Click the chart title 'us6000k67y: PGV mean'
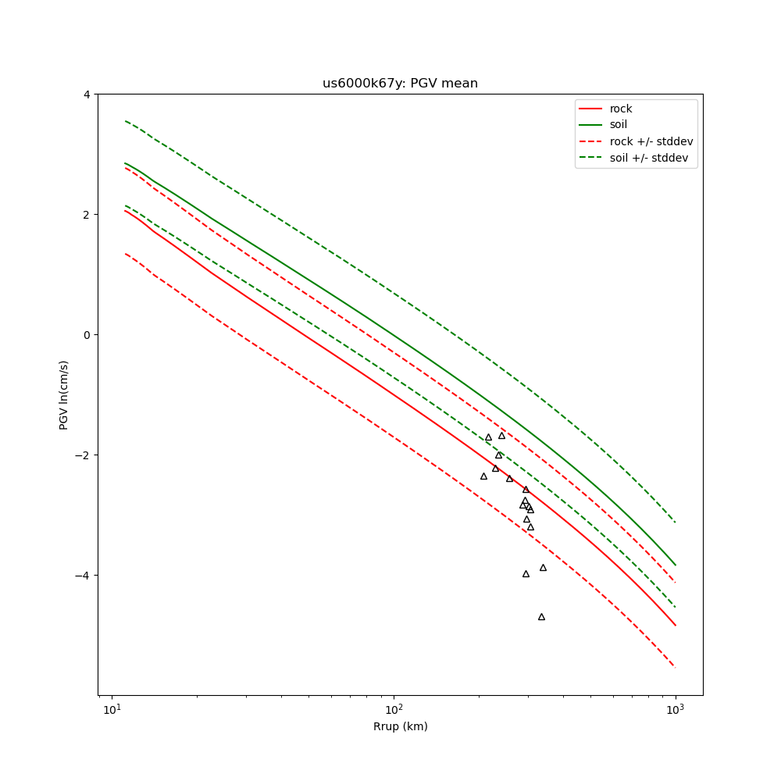pyautogui.click(x=400, y=84)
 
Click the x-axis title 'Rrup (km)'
pyautogui.click(x=400, y=726)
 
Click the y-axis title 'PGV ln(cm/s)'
pyautogui.click(x=64, y=394)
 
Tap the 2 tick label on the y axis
pyautogui.click(x=86, y=215)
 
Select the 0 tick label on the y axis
pyautogui.click(x=86, y=335)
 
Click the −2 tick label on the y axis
pyautogui.click(x=84, y=455)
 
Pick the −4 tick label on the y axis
pyautogui.click(x=84, y=576)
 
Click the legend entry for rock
pyautogui.click(x=621, y=109)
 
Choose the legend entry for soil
pyautogui.click(x=618, y=125)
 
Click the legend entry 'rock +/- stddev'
pyautogui.click(x=651, y=141)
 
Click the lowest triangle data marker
pyautogui.click(x=541, y=617)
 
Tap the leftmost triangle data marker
pyautogui.click(x=483, y=476)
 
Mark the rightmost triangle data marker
pyautogui.click(x=543, y=568)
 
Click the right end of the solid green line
pyautogui.click(x=676, y=565)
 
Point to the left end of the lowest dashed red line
pyautogui.click(x=125, y=253)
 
